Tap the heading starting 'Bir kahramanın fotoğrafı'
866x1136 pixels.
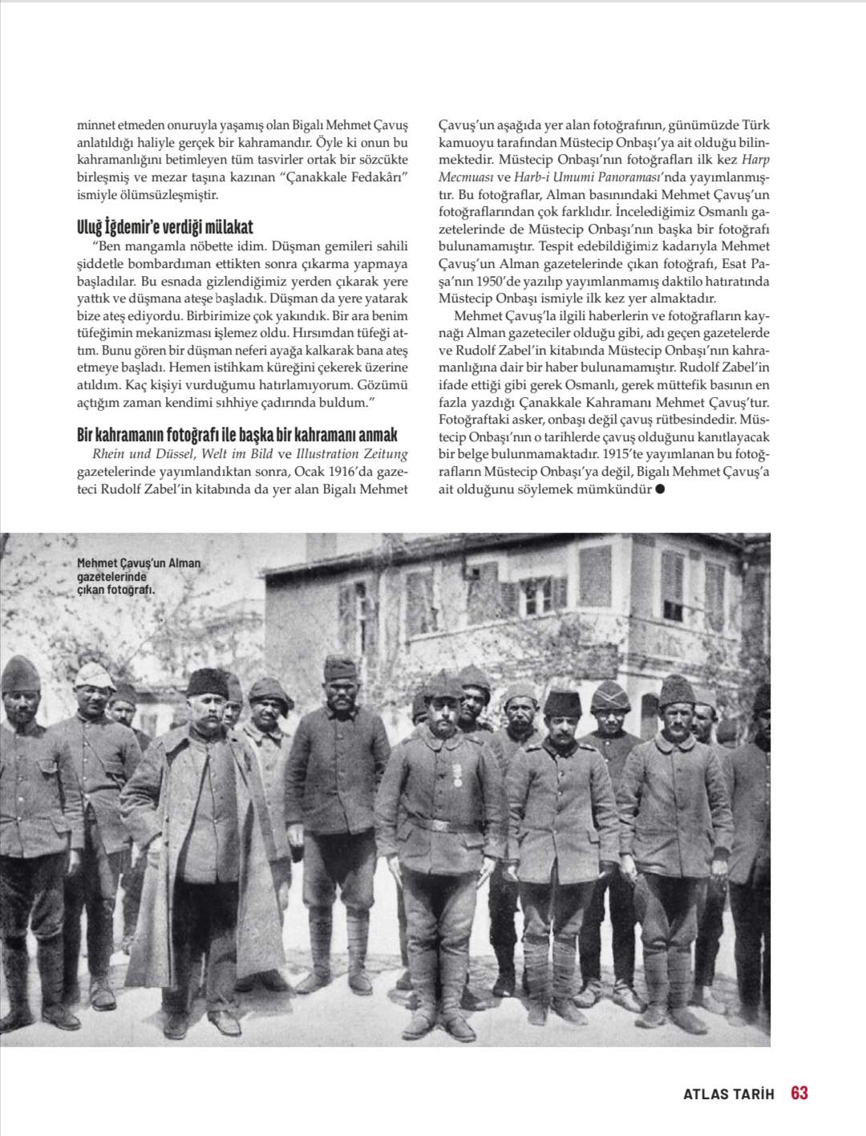[x=237, y=435]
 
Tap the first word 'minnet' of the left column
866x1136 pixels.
[x=95, y=125]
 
